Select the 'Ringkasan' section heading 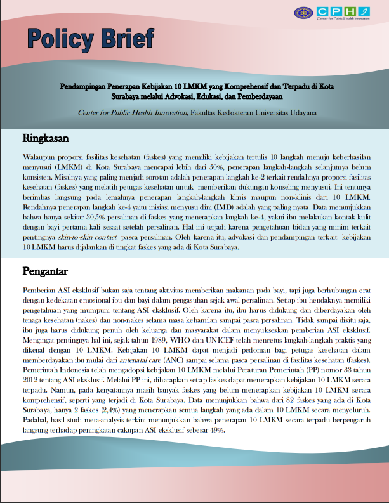point(46,138)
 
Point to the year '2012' point(29,381)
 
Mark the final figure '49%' point(216,431)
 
